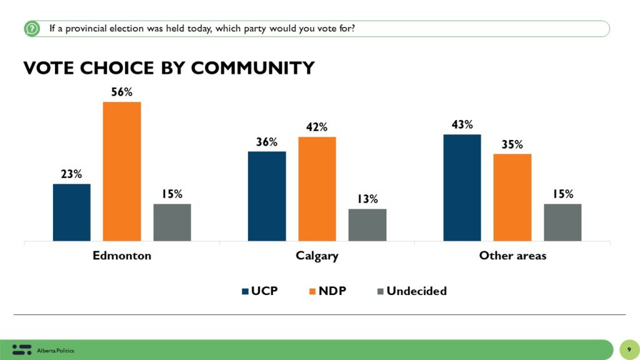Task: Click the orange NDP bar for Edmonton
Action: tap(122, 171)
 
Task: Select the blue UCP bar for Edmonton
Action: tap(72, 212)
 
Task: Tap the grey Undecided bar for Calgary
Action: tap(367, 225)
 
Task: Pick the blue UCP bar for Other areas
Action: tap(462, 187)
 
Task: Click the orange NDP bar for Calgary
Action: tap(317, 189)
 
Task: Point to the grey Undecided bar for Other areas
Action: tap(562, 222)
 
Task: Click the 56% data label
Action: tap(122, 92)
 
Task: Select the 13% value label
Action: tap(367, 199)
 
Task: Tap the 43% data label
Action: tap(462, 125)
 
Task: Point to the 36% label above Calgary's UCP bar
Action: tap(267, 142)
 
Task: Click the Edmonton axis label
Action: tap(122, 256)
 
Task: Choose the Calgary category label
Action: tap(317, 256)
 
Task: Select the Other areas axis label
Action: tap(512, 256)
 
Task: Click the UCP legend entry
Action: tap(261, 291)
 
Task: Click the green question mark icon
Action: tap(32, 29)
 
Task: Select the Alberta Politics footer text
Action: tap(56, 351)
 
